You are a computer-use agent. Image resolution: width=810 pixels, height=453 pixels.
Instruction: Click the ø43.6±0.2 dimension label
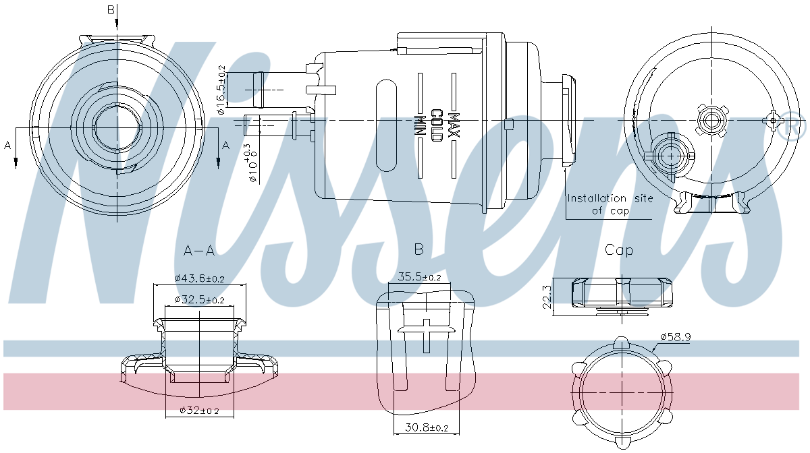pyautogui.click(x=199, y=278)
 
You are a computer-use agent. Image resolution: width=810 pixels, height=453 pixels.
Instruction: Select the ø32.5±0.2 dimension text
pyautogui.click(x=199, y=299)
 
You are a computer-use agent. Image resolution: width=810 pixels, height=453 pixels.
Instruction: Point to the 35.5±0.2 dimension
pyautogui.click(x=419, y=276)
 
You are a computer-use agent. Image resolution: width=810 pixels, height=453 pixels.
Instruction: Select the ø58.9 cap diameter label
pyautogui.click(x=675, y=336)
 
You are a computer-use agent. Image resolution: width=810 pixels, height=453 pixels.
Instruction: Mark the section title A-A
pyautogui.click(x=199, y=251)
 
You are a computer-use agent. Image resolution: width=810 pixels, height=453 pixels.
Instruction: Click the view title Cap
pyautogui.click(x=619, y=250)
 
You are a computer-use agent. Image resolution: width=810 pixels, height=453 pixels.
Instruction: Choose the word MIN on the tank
pyautogui.click(x=420, y=125)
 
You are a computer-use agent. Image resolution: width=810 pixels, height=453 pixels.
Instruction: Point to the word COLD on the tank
pyautogui.click(x=437, y=125)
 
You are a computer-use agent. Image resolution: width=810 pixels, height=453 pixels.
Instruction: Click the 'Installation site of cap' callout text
pyautogui.click(x=610, y=204)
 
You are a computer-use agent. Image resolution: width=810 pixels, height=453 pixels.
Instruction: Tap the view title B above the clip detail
pyautogui.click(x=418, y=250)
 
